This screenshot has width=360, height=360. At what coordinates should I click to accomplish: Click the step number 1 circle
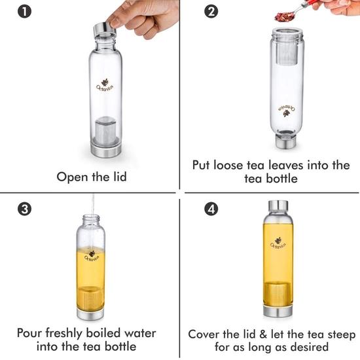(x=24, y=12)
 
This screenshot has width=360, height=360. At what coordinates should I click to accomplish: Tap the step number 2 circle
(x=211, y=12)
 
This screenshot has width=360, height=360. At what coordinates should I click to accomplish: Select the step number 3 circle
(x=24, y=209)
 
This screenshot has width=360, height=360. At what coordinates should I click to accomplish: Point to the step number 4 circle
(x=211, y=209)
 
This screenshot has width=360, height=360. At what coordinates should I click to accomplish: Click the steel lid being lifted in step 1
(x=105, y=29)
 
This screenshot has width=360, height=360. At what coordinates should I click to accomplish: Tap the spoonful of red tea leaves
(x=284, y=16)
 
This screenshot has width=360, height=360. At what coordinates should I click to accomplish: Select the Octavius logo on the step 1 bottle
(x=105, y=86)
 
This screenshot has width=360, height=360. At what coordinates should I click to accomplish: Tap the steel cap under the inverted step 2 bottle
(x=286, y=141)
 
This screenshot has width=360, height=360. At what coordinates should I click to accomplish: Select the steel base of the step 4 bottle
(x=278, y=311)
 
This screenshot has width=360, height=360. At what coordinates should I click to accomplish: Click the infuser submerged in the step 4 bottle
(x=278, y=295)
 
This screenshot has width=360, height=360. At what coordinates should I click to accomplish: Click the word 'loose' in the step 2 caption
(x=228, y=165)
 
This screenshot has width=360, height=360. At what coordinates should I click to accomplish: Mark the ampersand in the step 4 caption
(x=262, y=334)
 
